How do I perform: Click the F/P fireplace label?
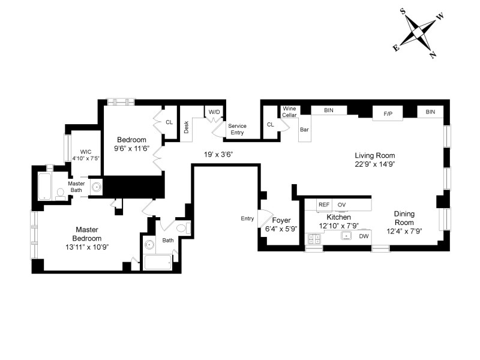[388, 114]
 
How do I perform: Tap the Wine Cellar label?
[289, 112]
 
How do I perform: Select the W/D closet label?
[214, 112]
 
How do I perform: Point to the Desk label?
[186, 127]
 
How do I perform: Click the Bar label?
[304, 130]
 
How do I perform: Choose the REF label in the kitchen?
[324, 205]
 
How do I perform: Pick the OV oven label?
[341, 205]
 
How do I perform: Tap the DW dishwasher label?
[364, 236]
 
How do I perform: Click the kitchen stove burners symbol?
[314, 238]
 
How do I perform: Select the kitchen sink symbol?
[347, 236]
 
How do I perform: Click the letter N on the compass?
[433, 55]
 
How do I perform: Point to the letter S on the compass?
[403, 11]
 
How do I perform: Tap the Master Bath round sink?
[97, 187]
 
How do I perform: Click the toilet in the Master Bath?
[61, 194]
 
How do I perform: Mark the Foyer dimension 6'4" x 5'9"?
[281, 229]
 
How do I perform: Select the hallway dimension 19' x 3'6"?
[218, 155]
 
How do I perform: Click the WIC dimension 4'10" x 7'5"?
[86, 158]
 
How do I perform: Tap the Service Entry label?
[237, 129]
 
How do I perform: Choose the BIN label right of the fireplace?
[430, 112]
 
